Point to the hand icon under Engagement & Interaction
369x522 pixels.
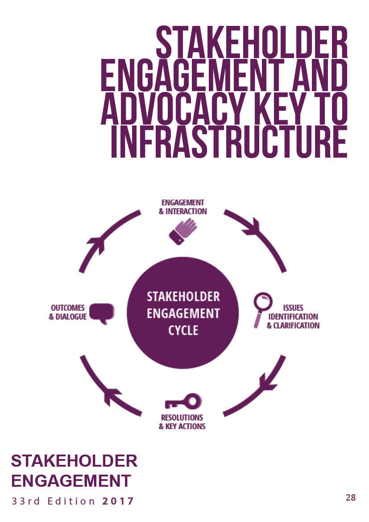click(182, 231)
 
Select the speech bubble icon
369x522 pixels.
click(102, 313)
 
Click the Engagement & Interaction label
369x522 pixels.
click(182, 207)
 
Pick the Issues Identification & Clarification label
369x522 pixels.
click(293, 317)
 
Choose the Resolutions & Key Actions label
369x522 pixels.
click(182, 422)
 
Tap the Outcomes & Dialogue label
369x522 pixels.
click(67, 313)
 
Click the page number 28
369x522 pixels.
click(350, 497)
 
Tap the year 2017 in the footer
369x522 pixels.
click(118, 501)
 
